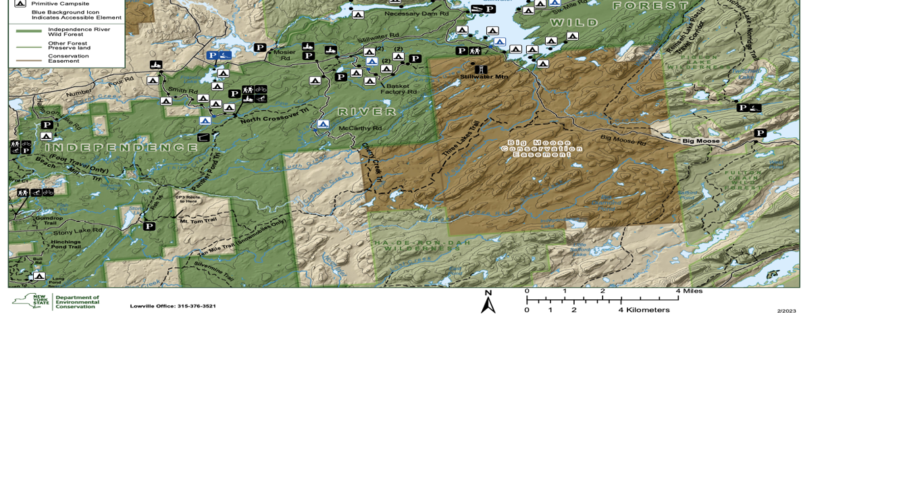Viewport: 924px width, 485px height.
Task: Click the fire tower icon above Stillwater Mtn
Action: [x=481, y=69]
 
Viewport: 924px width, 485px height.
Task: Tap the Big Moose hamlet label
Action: [x=700, y=141]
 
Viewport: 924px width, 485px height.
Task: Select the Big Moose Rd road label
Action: [x=623, y=140]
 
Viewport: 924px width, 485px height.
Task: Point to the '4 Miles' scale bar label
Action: [x=689, y=291]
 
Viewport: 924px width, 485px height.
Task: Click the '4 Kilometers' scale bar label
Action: [x=644, y=310]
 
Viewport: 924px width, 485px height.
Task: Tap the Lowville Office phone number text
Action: [x=173, y=306]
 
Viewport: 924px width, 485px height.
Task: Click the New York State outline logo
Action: [x=30, y=301]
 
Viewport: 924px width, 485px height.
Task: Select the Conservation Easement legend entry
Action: [x=68, y=59]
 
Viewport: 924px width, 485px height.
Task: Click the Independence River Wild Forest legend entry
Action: [x=78, y=32]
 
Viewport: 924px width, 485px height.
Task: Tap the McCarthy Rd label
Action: [x=360, y=128]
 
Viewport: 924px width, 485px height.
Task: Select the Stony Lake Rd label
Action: [x=78, y=231]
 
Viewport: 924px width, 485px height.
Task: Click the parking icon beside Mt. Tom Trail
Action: [x=149, y=226]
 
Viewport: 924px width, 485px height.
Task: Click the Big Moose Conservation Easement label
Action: [x=541, y=149]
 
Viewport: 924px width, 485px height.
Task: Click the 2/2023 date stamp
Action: [x=786, y=311]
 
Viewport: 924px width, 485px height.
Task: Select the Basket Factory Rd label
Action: [x=399, y=88]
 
